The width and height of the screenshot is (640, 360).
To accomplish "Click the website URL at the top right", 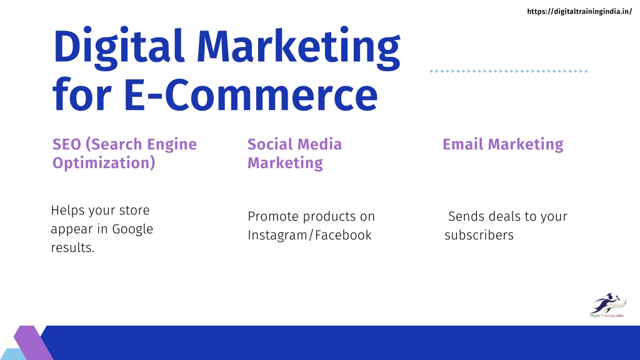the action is point(579,11).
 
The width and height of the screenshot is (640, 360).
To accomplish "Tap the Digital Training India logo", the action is point(607,305).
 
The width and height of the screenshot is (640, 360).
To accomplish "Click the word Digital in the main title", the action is point(119,47).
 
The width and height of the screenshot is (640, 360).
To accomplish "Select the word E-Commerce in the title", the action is point(251,95).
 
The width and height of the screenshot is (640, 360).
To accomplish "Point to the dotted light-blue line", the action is point(509,71).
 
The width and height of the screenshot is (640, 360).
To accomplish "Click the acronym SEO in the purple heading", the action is point(67,144).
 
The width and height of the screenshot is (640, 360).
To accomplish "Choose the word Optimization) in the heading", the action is point(104,163).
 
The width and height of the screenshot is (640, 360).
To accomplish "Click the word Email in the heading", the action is point(463,144).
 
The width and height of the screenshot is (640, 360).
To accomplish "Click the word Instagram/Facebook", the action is point(309,235).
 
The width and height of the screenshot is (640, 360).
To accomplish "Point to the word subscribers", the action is point(479,235).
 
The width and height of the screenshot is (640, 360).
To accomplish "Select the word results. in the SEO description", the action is point(72,247).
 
